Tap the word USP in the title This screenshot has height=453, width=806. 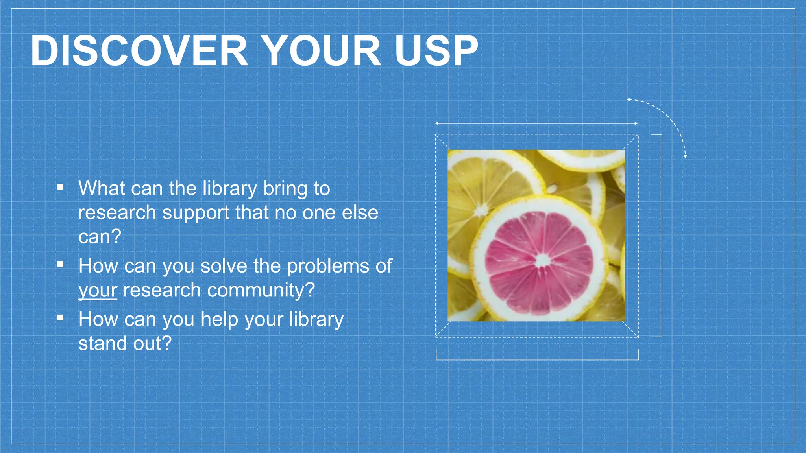coord(436,51)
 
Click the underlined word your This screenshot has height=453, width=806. coord(98,291)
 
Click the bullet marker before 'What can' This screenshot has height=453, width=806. coord(60,187)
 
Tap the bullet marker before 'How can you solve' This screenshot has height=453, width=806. coord(60,265)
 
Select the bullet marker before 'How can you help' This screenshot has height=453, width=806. coord(60,318)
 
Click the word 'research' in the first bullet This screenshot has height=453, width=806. coord(117,213)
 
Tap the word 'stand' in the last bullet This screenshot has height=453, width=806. coord(103,343)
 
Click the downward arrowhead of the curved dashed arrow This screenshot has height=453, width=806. coord(685,157)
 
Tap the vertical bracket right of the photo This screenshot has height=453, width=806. coord(662,236)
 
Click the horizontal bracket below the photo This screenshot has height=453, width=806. coord(537,359)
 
